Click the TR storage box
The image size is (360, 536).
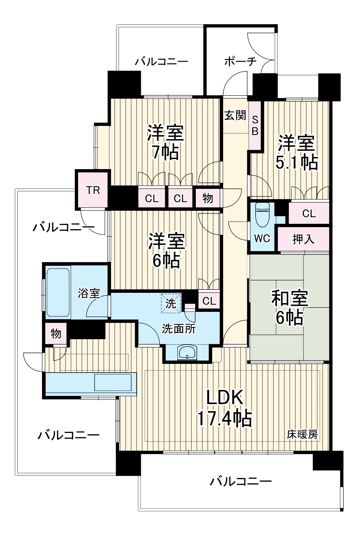point(93,190)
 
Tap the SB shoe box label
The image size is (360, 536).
point(255,125)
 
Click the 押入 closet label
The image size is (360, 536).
point(303,239)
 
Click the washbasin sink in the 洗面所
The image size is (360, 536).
point(188,353)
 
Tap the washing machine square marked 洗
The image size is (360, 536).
point(171,303)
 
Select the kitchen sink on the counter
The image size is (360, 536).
point(113,382)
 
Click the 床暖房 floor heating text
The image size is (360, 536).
point(302,435)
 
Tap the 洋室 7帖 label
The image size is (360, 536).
point(165,142)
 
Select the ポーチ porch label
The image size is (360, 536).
point(240,62)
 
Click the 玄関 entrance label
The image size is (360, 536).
point(235,115)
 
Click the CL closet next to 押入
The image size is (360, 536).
point(309,213)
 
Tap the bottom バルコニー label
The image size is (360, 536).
point(241,481)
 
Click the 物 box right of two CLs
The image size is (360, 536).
point(208,198)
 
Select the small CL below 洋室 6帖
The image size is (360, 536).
point(209,301)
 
